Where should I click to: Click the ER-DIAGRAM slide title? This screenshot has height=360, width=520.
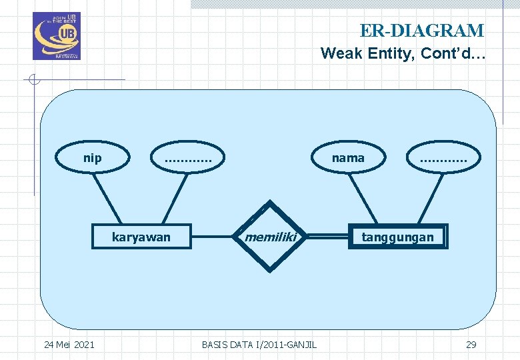tap(421, 31)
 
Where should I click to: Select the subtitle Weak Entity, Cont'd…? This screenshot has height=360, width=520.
tap(402, 53)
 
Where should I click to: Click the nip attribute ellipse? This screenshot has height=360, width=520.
tap(92, 158)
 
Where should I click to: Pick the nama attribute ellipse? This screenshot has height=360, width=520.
tap(349, 158)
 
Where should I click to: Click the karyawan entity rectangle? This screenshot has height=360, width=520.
tap(141, 237)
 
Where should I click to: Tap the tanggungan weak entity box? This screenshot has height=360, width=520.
tap(397, 237)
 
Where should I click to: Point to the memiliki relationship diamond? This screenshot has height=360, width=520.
tap(269, 237)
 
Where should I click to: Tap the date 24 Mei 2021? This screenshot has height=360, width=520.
tap(69, 344)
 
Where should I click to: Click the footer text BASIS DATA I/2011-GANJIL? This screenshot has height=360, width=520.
tap(259, 344)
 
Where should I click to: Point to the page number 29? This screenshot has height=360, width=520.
tap(471, 344)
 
